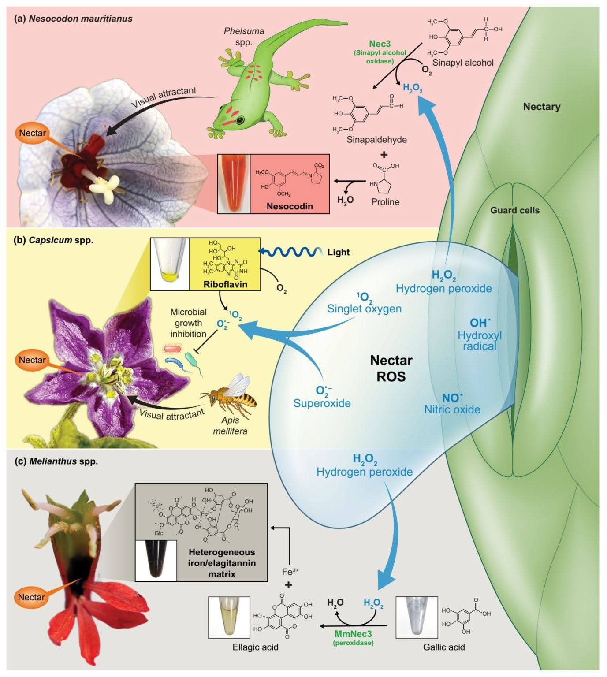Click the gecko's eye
[240, 120]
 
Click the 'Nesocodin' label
[290, 206]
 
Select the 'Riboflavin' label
[225, 284]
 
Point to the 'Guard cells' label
[515, 211]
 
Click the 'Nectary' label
[541, 107]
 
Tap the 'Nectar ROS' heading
[391, 368]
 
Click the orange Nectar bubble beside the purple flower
[32, 360]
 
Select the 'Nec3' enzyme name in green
[380, 44]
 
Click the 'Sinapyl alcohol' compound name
[463, 63]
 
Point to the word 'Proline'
[385, 202]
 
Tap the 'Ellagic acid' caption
[255, 647]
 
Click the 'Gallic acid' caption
[444, 647]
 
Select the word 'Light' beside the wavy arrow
[338, 252]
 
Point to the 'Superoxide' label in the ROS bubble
[322, 403]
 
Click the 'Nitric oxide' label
[452, 409]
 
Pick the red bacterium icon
[172, 350]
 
